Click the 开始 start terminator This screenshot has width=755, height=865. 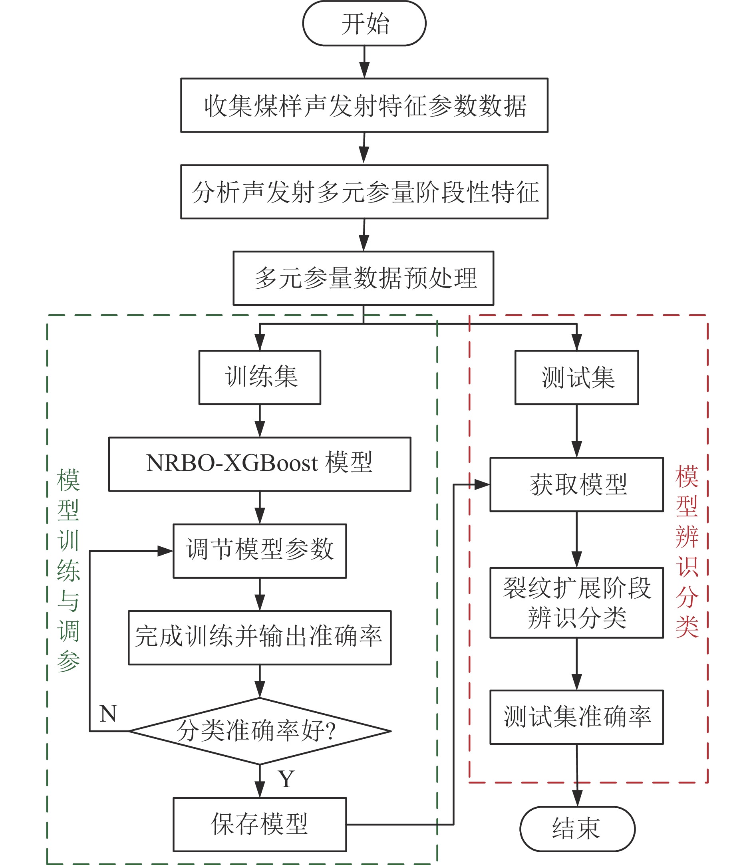tap(364, 23)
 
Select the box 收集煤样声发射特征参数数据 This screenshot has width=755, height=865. tap(364, 105)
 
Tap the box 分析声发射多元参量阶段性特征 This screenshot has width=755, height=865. tap(364, 192)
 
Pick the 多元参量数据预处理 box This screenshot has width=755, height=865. tap(363, 278)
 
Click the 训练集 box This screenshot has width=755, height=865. tap(260, 377)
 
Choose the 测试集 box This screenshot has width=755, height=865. tap(576, 377)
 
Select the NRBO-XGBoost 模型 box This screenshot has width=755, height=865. tap(260, 464)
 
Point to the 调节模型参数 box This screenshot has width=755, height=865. tap(260, 551)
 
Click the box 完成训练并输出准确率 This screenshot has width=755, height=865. tap(260, 638)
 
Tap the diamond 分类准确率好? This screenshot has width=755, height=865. tap(260, 731)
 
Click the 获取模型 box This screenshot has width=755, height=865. tap(576, 485)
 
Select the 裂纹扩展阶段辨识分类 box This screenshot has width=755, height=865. tap(576, 603)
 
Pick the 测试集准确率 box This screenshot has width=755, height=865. tap(576, 717)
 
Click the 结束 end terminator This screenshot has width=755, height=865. tap(577, 829)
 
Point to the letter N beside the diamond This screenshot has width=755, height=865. tap(108, 714)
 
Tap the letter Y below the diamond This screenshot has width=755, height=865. tap(286, 779)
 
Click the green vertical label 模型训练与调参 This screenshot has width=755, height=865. tap(68, 571)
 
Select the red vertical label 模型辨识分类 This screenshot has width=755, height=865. tap(687, 552)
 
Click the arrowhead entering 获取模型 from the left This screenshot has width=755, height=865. tap(482, 485)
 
